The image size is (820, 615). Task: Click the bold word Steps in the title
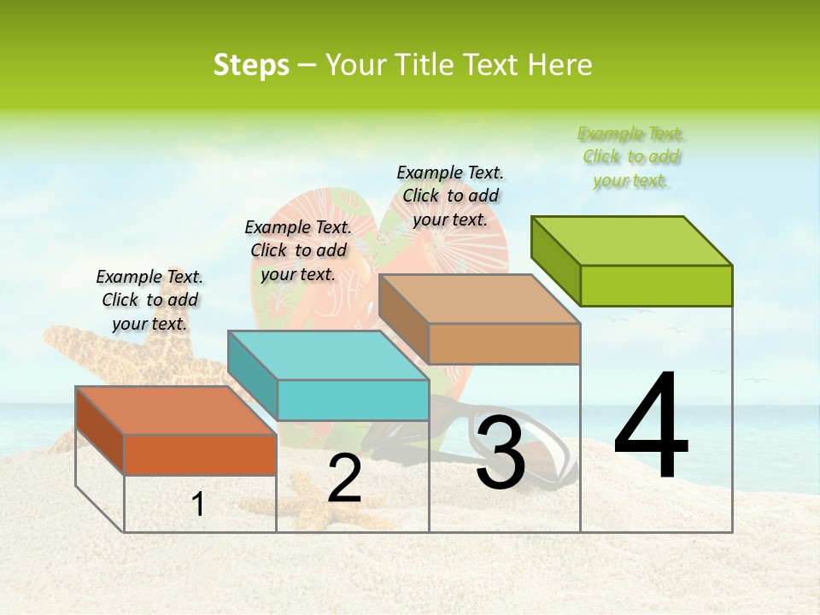click(x=251, y=65)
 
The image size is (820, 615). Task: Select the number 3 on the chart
click(x=500, y=453)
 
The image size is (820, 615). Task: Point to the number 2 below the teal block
click(x=344, y=480)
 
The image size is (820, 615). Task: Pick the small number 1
click(x=198, y=505)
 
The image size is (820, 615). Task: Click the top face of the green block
click(x=632, y=240)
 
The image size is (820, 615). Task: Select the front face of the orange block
click(x=200, y=454)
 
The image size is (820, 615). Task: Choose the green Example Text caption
click(x=631, y=157)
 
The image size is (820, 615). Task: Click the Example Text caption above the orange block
click(x=149, y=300)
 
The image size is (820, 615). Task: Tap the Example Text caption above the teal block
click(x=298, y=250)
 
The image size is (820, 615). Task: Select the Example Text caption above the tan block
click(x=450, y=196)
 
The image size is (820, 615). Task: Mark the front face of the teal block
click(x=353, y=400)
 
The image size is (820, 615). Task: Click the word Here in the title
click(x=560, y=65)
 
